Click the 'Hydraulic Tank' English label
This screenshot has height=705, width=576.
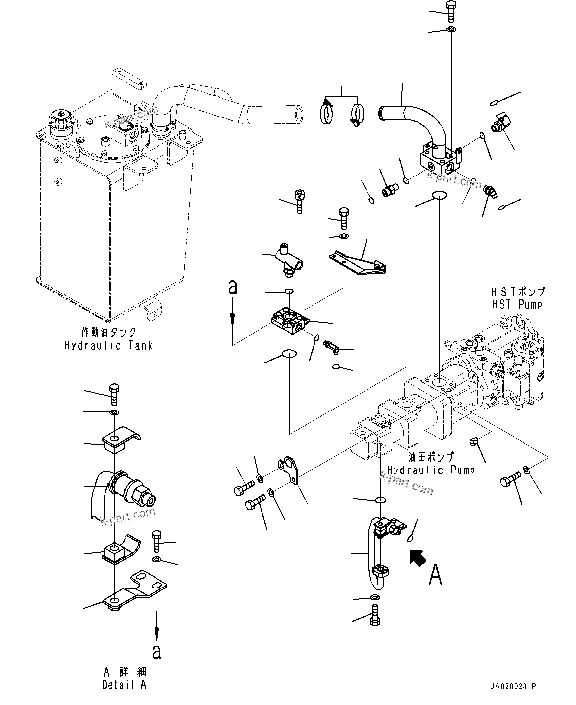coord(108,345)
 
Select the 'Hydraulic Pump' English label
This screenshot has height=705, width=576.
coord(430,470)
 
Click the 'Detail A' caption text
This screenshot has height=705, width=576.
coord(124,685)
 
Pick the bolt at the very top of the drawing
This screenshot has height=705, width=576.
coord(450,10)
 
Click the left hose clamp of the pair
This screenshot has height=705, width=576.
coord(326,112)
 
